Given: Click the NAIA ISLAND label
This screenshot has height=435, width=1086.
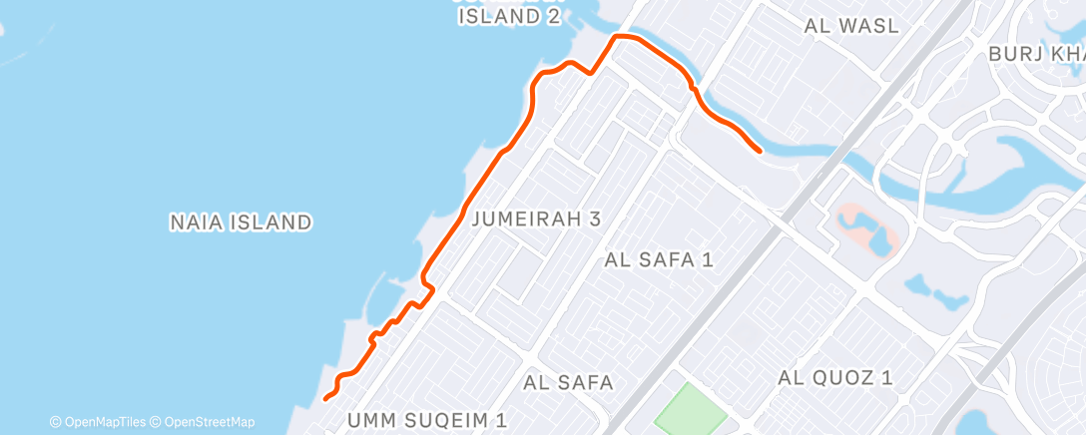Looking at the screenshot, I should (241, 222).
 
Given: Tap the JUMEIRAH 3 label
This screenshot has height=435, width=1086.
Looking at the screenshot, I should (537, 218).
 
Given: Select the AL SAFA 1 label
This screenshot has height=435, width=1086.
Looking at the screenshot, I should (659, 260).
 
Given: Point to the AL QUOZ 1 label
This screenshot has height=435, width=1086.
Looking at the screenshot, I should (835, 377).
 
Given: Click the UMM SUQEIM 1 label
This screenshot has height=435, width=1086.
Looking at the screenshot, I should (428, 420).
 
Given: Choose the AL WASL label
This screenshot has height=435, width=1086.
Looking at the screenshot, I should (851, 26).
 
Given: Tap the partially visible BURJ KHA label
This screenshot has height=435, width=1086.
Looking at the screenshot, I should (1037, 54).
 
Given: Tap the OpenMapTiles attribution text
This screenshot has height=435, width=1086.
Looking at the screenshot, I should (98, 422).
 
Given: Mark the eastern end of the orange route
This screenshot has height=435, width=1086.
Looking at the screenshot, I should (761, 151).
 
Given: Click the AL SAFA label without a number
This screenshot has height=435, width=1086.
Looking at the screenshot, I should (568, 382).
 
